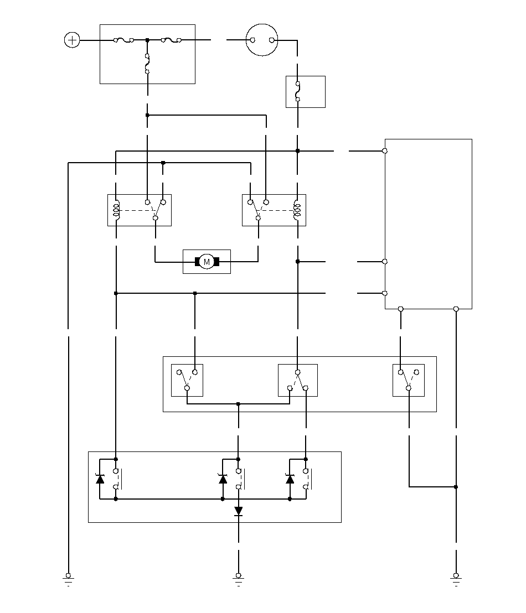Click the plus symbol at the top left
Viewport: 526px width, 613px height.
[72, 40]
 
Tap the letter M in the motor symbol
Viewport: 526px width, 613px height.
[207, 262]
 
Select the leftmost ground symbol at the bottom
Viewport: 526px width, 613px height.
[68, 579]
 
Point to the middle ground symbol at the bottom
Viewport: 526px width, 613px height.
[238, 579]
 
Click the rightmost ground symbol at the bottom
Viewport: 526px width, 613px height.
[456, 579]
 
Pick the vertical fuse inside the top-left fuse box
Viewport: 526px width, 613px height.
[147, 64]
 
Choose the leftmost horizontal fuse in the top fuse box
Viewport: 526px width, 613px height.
[123, 40]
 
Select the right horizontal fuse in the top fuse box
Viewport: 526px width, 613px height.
[171, 40]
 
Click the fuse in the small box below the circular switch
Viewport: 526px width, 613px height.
[298, 91]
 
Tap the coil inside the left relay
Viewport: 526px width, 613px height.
[116, 210]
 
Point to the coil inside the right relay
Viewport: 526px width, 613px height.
[297, 210]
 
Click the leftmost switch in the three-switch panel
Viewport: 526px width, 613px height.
[187, 380]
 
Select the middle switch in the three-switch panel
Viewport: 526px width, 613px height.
[298, 380]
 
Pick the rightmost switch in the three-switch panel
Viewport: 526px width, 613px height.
[409, 380]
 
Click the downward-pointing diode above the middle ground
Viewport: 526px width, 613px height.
[238, 511]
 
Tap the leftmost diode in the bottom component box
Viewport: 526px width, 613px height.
[100, 479]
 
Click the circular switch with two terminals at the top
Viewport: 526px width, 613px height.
[262, 40]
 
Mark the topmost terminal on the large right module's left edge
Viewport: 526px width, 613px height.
[385, 151]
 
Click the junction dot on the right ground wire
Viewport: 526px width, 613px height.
[456, 487]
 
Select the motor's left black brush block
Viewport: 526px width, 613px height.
[198, 262]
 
